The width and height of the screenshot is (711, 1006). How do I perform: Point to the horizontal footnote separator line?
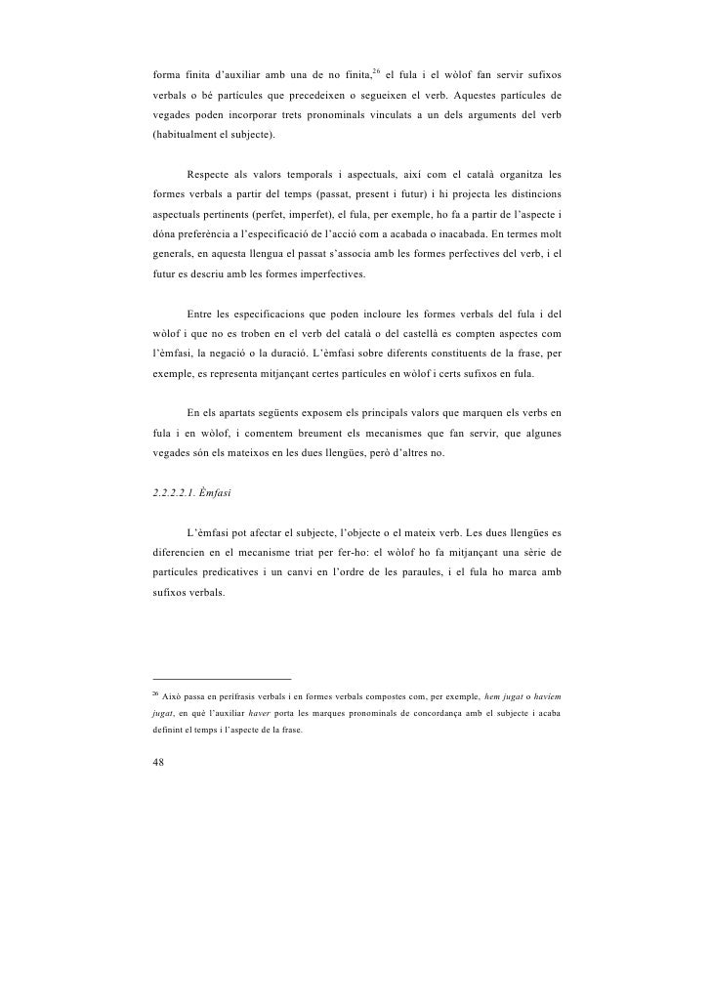222,678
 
